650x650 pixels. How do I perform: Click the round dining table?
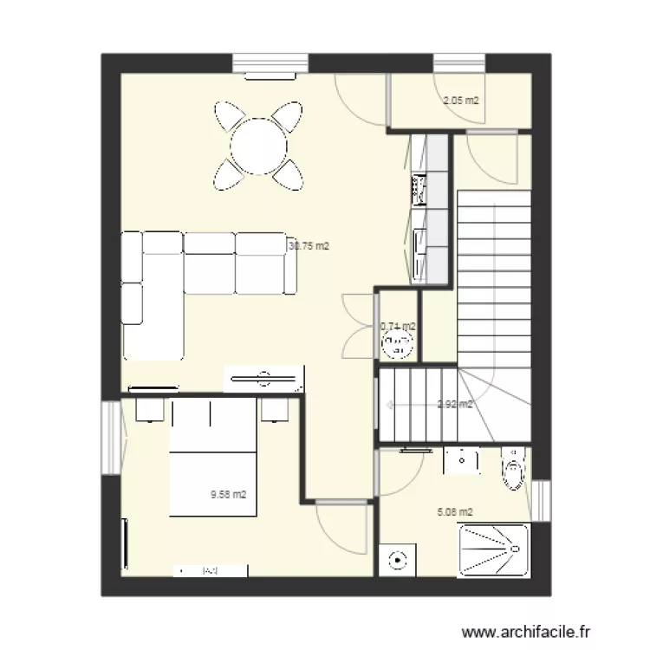[259, 145]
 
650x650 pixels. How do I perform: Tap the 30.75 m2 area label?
[309, 246]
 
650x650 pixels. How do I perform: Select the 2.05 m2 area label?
[461, 101]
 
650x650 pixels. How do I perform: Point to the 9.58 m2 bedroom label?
[229, 495]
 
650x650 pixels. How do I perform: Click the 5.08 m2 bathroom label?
[455, 512]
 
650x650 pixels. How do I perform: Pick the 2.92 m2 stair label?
[455, 404]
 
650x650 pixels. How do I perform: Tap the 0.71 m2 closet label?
[398, 327]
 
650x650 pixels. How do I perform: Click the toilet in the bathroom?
[515, 468]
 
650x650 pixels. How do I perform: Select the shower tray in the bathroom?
[491, 549]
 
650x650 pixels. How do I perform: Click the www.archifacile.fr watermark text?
[529, 631]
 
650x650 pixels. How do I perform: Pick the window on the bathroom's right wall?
[541, 502]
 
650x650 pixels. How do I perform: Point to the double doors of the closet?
[359, 326]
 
